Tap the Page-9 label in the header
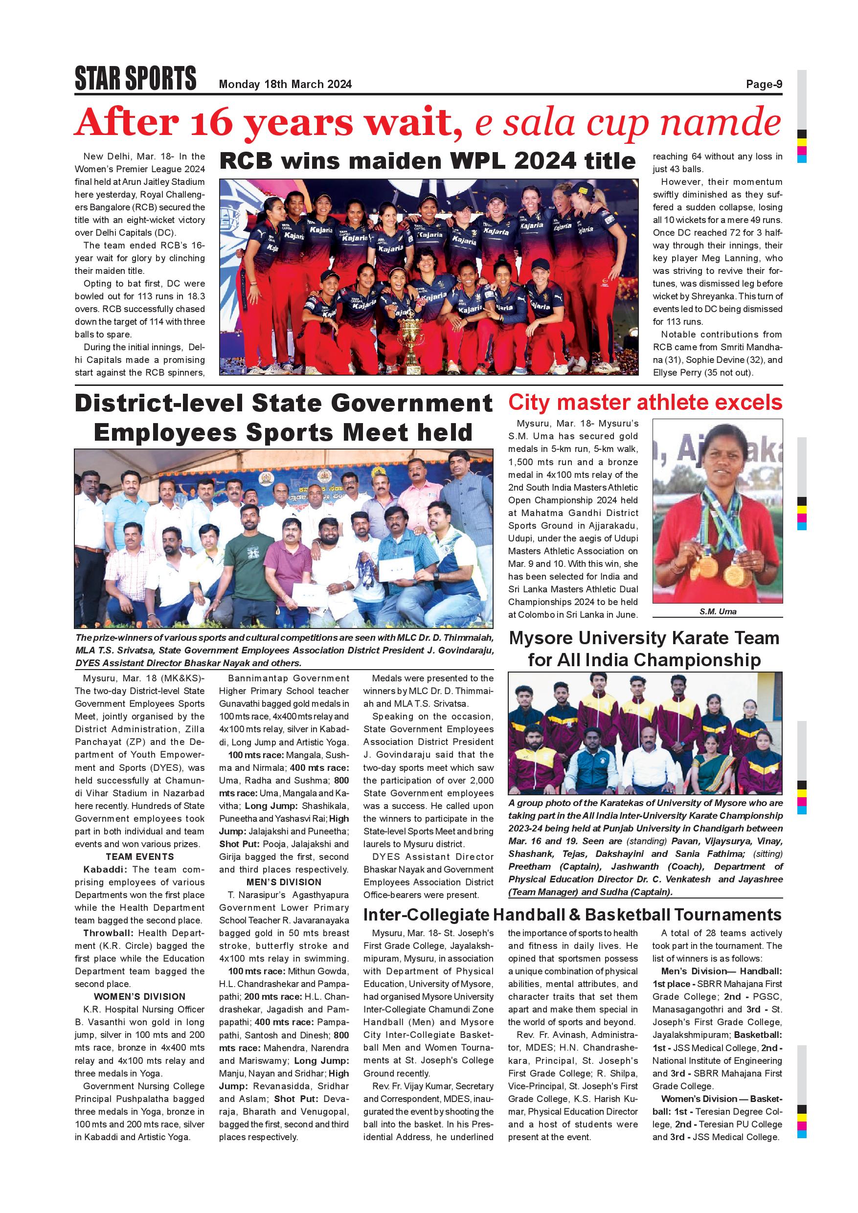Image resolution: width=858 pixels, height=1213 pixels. pos(764,84)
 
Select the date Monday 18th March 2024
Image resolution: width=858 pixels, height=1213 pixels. pos(285,85)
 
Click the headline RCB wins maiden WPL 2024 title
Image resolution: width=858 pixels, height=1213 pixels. pos(427,161)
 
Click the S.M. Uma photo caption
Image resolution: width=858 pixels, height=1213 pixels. pos(718,611)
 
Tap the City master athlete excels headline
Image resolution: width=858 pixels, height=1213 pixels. pos(645,403)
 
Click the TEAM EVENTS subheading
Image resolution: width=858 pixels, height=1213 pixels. pos(140,856)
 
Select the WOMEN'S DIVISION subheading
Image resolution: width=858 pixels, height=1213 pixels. pos(140,996)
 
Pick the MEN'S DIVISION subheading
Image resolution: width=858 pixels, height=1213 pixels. pos(284,882)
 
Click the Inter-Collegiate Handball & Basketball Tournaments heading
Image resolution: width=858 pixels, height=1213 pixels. pos(572,915)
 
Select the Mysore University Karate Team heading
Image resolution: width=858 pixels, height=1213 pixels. pos(645,649)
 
